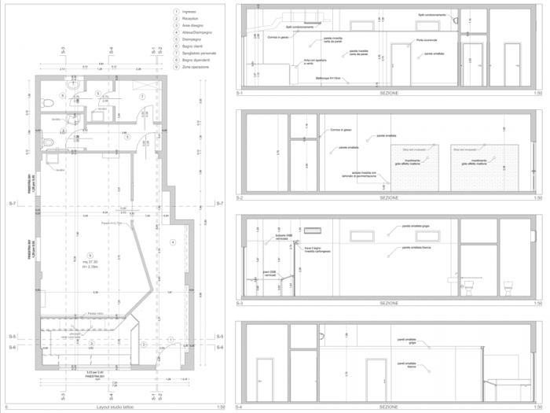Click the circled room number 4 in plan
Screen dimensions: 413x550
point(171,242)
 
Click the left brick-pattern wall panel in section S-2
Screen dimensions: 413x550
point(417,166)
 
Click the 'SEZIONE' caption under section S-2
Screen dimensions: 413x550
point(389,197)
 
